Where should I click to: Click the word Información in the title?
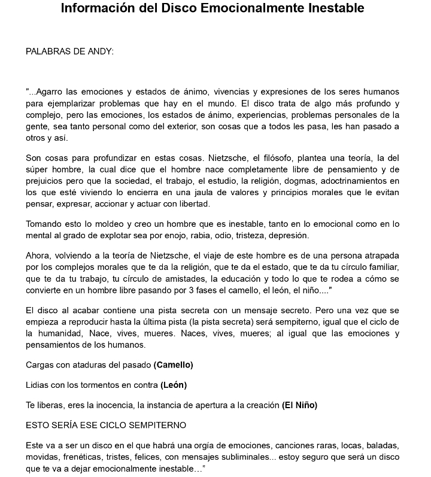(100, 9)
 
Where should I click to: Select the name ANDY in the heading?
(100, 51)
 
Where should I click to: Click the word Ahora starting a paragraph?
(38, 256)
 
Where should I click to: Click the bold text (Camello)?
(174, 364)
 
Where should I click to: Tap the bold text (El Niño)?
(299, 405)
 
